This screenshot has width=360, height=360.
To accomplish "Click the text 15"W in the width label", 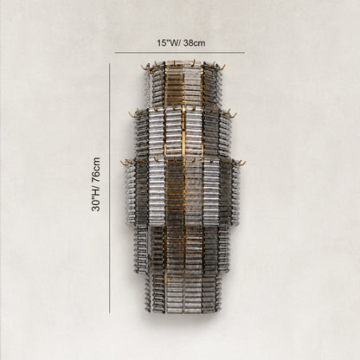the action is click(x=166, y=43).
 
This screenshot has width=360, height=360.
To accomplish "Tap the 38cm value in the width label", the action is click(x=195, y=43).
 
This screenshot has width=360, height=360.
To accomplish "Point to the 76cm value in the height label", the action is click(x=96, y=170).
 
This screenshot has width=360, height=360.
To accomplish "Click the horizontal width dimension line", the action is click(x=180, y=53).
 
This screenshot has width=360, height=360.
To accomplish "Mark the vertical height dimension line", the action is click(x=110, y=188).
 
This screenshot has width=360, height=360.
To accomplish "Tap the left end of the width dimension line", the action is click(x=115, y=53).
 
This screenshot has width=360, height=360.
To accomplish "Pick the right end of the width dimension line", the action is click(x=245, y=53).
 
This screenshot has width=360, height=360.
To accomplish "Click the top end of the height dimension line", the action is click(x=110, y=64).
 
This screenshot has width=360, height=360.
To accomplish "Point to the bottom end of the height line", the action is click(x=110, y=312).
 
